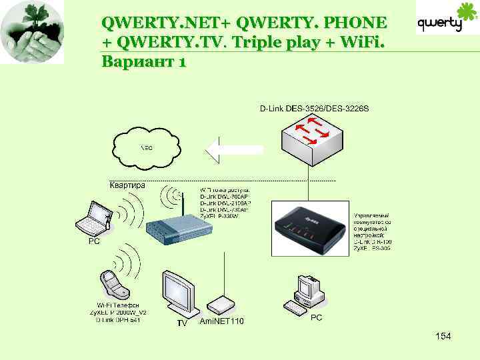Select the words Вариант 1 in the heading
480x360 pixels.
pyautogui.click(x=143, y=63)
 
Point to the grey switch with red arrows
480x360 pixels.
pyautogui.click(x=314, y=136)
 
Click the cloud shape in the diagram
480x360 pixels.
pyautogui.click(x=147, y=147)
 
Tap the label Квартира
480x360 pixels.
pyautogui.click(x=127, y=186)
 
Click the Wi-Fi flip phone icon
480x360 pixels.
pyautogui.click(x=114, y=284)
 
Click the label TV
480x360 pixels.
pyautogui.click(x=182, y=324)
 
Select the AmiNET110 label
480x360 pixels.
pyautogui.click(x=222, y=321)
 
